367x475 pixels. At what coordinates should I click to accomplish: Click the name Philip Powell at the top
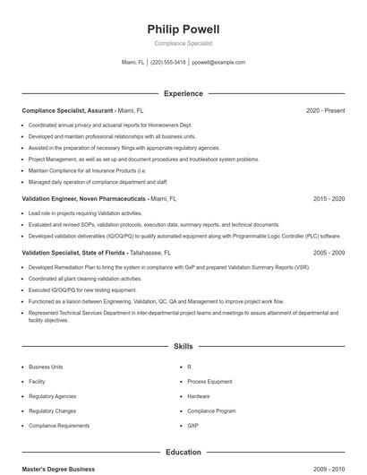(183, 30)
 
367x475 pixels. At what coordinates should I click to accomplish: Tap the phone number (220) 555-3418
(168, 63)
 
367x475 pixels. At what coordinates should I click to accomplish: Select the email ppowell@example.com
(218, 63)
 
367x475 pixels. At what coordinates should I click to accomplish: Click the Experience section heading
(183, 93)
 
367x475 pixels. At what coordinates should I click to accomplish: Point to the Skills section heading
(183, 345)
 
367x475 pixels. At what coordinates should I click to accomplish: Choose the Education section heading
(183, 453)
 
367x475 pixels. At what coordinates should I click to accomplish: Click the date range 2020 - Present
(325, 110)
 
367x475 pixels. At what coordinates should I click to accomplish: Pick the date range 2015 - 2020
(329, 198)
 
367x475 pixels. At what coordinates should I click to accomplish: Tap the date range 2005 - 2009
(329, 253)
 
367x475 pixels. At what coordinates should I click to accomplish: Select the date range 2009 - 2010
(329, 469)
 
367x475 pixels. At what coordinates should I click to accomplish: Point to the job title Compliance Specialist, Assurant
(67, 110)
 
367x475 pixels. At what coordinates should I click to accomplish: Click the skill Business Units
(46, 367)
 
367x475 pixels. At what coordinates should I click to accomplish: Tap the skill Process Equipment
(209, 382)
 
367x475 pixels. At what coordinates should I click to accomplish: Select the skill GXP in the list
(194, 426)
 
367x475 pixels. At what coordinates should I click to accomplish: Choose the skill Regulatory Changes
(53, 410)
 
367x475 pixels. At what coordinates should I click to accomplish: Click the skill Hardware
(199, 396)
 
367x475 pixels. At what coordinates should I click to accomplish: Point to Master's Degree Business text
(58, 469)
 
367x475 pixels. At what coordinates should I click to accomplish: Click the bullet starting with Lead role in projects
(85, 213)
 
